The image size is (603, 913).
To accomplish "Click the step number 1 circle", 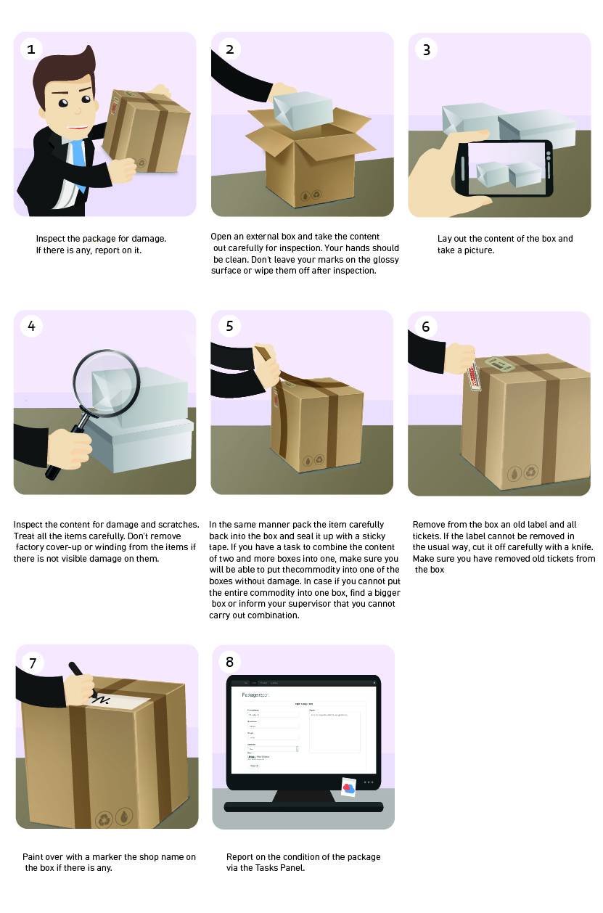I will click(x=30, y=49).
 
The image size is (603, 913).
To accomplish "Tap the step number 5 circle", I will click(x=229, y=326).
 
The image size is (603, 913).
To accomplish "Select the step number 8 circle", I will click(x=230, y=661).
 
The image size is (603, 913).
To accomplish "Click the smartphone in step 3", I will click(x=505, y=168).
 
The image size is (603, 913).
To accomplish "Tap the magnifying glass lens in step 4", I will click(x=106, y=382).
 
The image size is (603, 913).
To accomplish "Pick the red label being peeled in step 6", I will click(x=475, y=376).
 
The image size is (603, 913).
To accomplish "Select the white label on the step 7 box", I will click(x=119, y=701).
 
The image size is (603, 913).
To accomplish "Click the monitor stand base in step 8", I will click(x=303, y=806).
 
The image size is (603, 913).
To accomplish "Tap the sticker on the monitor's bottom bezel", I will click(x=348, y=787).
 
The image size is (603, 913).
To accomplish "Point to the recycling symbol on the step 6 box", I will click(x=531, y=472).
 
